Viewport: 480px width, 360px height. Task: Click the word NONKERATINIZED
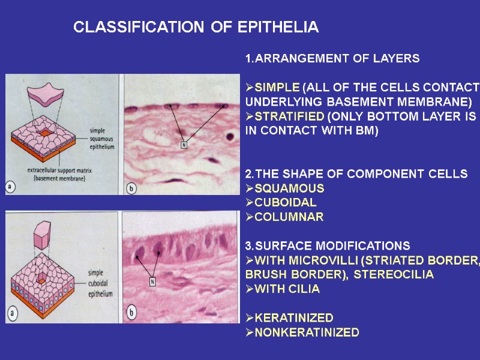(307, 332)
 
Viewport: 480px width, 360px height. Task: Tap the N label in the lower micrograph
(152, 281)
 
